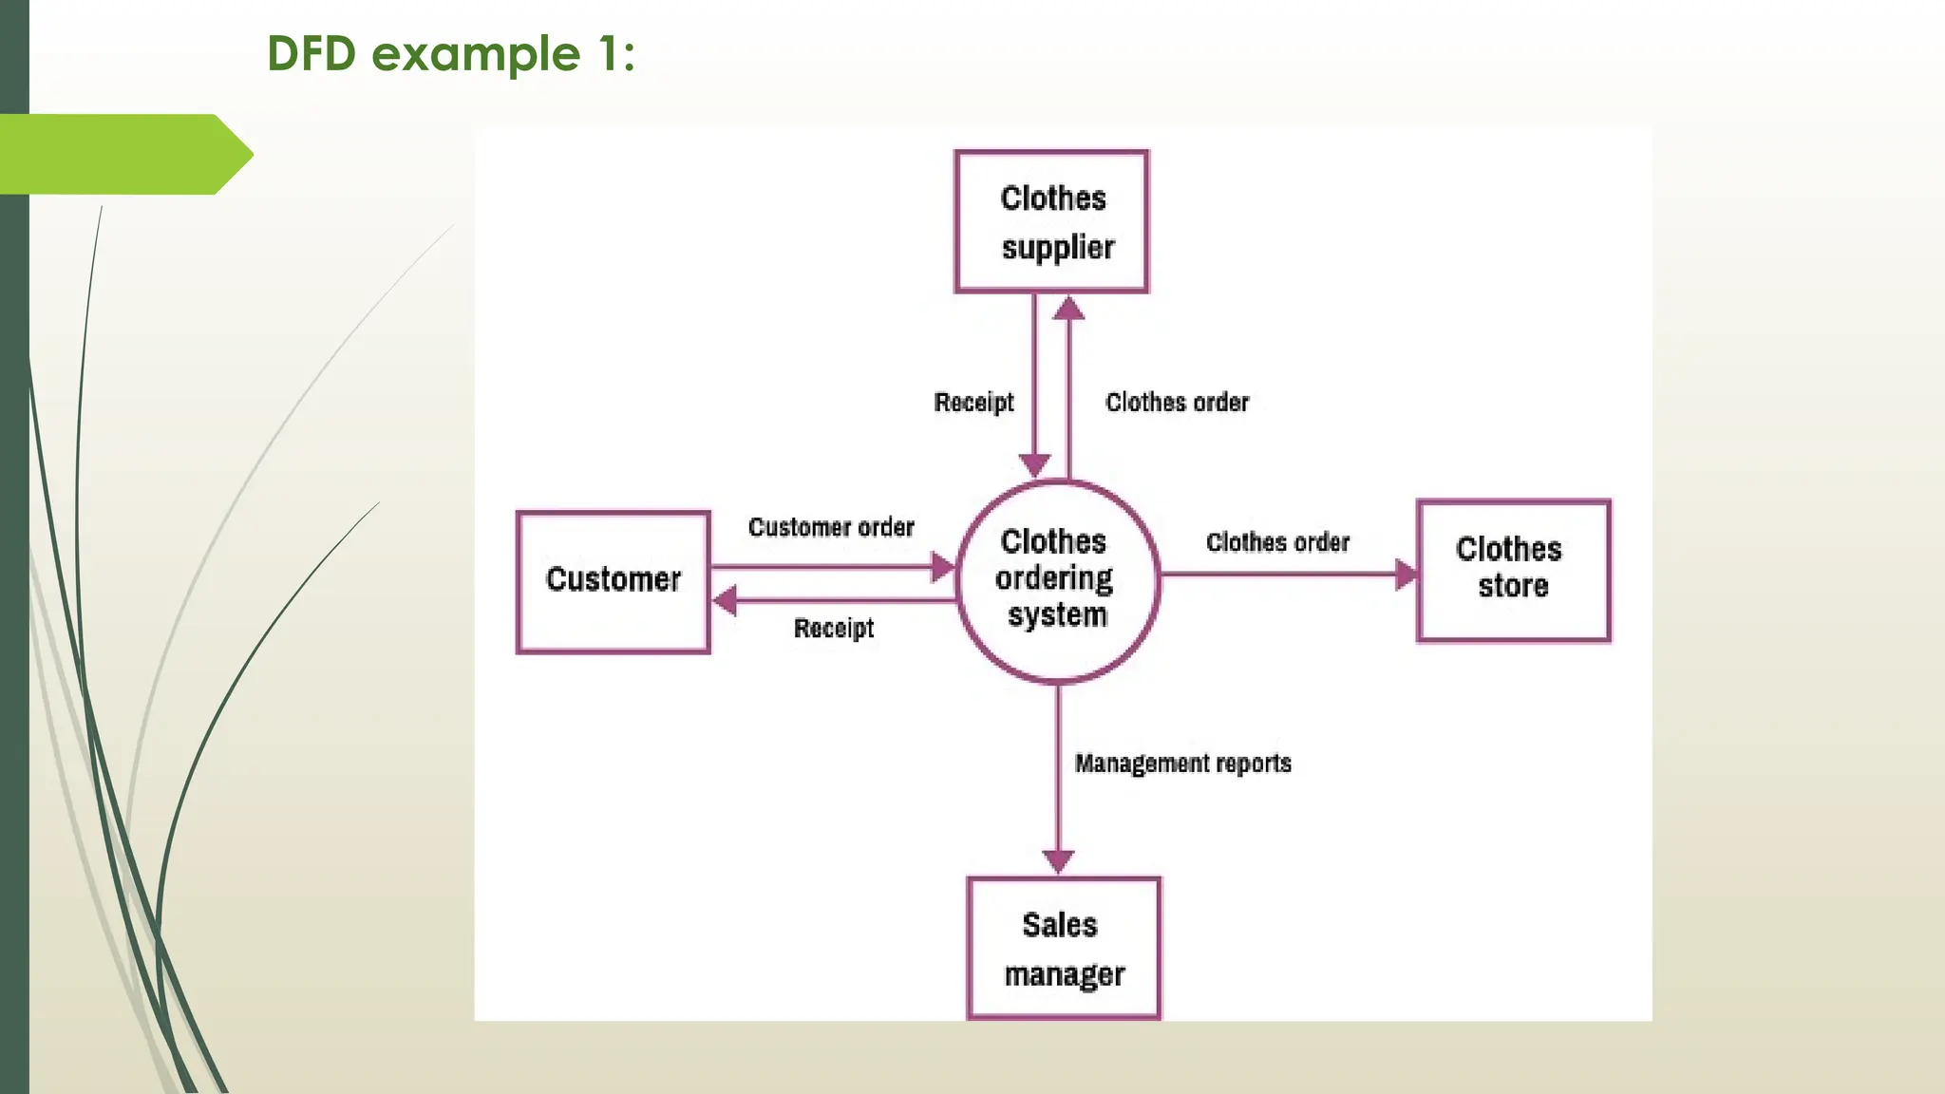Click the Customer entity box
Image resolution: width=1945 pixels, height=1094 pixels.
point(613,581)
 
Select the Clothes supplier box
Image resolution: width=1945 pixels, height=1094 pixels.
point(1051,221)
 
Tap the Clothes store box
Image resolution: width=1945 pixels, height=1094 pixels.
point(1513,570)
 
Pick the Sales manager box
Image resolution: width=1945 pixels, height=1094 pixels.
point(1063,948)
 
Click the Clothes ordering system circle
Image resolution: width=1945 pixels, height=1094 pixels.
point(1056,580)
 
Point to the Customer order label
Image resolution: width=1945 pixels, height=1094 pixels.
point(831,527)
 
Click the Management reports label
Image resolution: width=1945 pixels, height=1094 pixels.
point(1182,764)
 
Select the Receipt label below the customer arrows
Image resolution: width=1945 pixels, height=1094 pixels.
point(833,628)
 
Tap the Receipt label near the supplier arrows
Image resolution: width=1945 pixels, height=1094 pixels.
point(973,403)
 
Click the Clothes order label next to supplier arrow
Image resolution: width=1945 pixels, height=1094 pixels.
point(1177,403)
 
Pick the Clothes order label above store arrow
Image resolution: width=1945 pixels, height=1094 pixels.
point(1277,542)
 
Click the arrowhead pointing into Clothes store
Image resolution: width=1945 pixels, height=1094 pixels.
point(1405,574)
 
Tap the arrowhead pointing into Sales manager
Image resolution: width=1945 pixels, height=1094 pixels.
point(1058,860)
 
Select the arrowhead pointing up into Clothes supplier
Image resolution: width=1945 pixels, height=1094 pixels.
point(1068,309)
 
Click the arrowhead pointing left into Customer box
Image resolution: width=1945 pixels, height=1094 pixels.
point(725,600)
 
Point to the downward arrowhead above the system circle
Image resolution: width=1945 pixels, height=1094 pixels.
point(1034,464)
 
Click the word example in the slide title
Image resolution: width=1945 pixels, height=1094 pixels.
point(475,54)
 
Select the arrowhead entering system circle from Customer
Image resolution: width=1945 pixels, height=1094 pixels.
point(942,568)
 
